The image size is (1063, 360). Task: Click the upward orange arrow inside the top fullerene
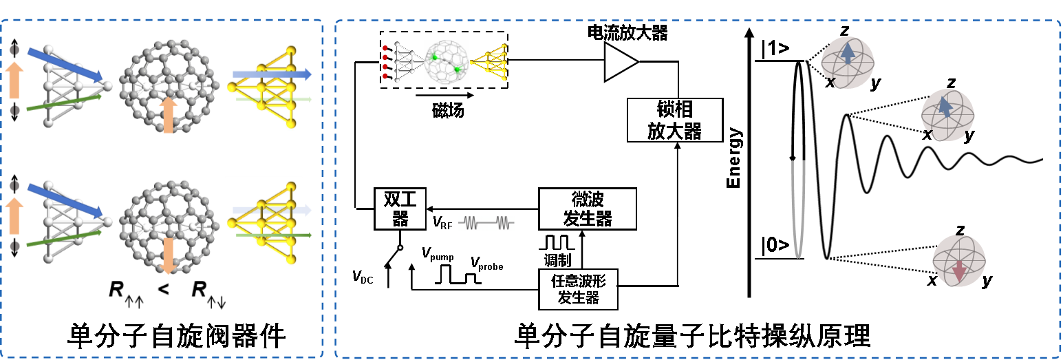tap(169, 114)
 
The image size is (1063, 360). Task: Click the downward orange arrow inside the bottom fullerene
tap(169, 255)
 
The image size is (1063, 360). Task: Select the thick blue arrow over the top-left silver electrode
tap(65, 65)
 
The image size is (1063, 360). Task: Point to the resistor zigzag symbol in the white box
tap(486, 223)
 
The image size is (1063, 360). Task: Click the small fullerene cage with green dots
tap(447, 63)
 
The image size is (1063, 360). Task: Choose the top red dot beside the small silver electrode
tap(385, 48)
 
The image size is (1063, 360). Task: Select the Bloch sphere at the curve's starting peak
tap(848, 61)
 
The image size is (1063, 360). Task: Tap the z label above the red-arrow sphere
tap(960, 230)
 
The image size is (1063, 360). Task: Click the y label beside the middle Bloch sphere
tap(969, 136)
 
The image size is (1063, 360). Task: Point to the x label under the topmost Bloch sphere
tap(830, 82)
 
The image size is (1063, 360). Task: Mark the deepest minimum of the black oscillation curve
tap(828, 258)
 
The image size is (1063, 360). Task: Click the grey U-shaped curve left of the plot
tap(798, 210)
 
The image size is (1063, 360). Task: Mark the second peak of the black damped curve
tap(848, 116)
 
